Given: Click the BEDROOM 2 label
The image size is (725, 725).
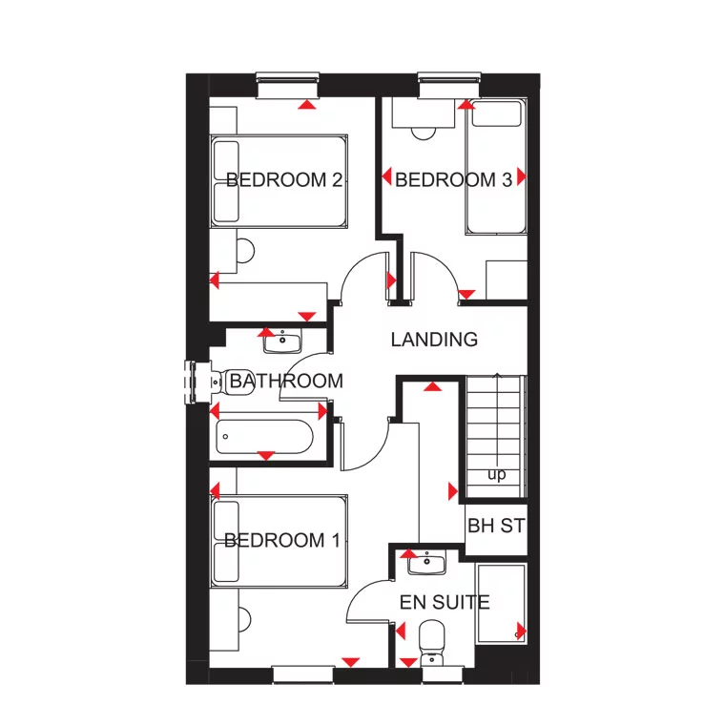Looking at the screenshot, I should [x=284, y=180].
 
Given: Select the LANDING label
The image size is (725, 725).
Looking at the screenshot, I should [x=434, y=340].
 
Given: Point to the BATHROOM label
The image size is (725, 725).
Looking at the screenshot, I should [x=286, y=382].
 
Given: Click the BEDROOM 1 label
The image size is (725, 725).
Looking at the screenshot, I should [x=281, y=541].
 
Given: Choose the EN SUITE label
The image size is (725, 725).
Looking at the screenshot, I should [x=445, y=603].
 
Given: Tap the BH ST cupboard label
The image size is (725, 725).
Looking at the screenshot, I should [x=495, y=526].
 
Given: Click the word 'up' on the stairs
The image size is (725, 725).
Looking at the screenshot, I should [x=496, y=474].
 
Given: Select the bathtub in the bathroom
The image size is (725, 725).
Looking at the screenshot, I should [x=264, y=438].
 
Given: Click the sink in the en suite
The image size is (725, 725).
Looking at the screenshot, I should [x=426, y=564].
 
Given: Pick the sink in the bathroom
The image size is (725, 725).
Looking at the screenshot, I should [x=283, y=341].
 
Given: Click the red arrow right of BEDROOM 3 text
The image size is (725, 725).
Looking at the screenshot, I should [x=521, y=177].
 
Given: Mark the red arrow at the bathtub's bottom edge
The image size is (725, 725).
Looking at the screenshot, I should [x=266, y=455].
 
